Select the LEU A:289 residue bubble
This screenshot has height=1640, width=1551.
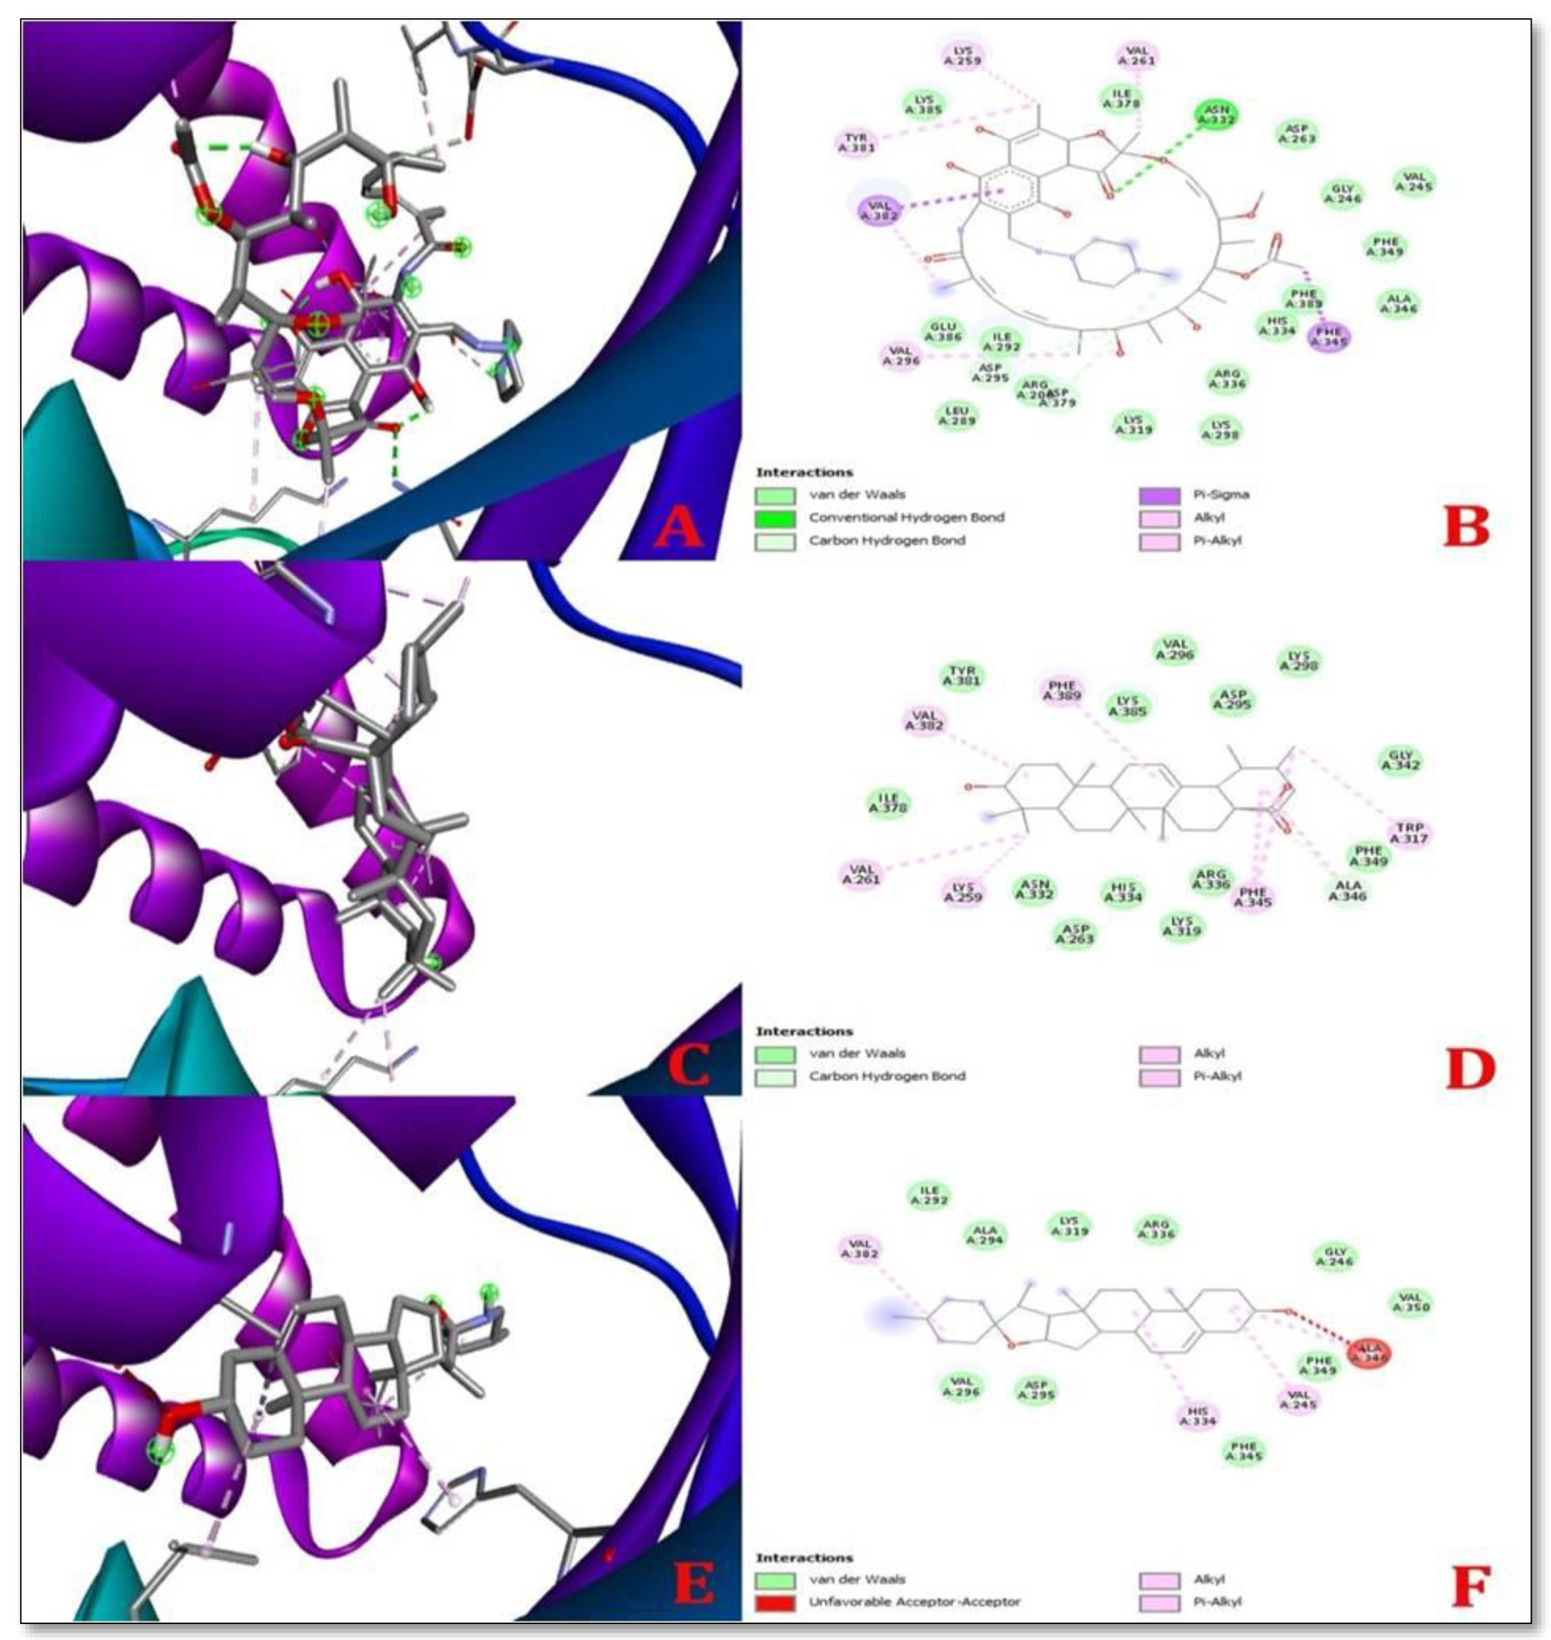coord(957,416)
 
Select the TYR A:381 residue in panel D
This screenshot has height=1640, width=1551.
coord(962,676)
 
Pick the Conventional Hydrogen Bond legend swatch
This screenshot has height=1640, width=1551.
coord(775,518)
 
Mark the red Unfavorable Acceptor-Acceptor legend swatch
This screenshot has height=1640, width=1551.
coord(775,1601)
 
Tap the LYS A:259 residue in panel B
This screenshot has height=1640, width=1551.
coord(964,55)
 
